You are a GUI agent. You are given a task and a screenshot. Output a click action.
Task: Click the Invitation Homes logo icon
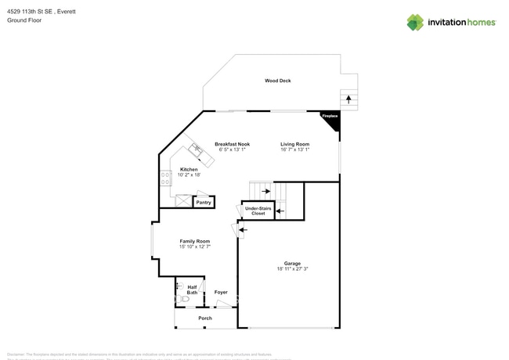(x=415, y=23)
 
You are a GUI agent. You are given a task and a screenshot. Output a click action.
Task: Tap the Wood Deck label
(x=277, y=81)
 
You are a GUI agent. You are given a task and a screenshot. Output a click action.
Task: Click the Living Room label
(x=295, y=144)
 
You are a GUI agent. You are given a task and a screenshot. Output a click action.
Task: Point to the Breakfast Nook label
(x=233, y=144)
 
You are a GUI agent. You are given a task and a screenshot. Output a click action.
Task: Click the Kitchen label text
(x=189, y=169)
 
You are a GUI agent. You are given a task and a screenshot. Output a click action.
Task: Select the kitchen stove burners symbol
(x=165, y=178)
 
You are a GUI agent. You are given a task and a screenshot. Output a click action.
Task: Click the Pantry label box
(x=204, y=203)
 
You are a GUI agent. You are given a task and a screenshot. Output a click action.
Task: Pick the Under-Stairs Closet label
(x=258, y=211)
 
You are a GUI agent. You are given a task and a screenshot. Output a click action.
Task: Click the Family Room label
(x=194, y=241)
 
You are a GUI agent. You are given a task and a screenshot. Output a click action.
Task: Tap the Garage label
(x=292, y=263)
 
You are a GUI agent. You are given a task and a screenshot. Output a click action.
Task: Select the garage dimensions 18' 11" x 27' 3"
(x=292, y=269)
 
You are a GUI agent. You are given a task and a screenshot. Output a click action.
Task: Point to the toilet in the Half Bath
(x=183, y=299)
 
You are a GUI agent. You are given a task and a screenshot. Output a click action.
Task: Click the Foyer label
(x=221, y=292)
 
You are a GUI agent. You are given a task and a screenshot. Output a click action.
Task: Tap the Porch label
(x=204, y=319)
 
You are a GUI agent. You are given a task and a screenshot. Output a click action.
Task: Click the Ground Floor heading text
(x=24, y=20)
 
